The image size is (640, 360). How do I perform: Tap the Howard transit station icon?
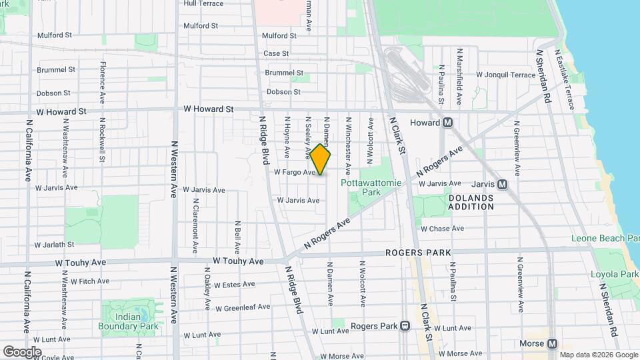tap(449, 123)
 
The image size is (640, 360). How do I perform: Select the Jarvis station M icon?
tap(502, 184)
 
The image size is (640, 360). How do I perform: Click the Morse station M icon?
tap(552, 343)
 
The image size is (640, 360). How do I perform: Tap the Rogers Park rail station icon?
tap(405, 326)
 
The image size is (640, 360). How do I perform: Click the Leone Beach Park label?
tap(605, 239)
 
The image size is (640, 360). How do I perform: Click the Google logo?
tap(22, 351)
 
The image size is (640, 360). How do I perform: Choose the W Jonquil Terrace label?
tap(506, 75)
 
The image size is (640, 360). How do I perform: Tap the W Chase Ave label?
tap(441, 229)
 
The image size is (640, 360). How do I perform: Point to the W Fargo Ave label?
tap(294, 172)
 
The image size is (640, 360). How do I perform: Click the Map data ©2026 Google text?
tap(598, 355)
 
